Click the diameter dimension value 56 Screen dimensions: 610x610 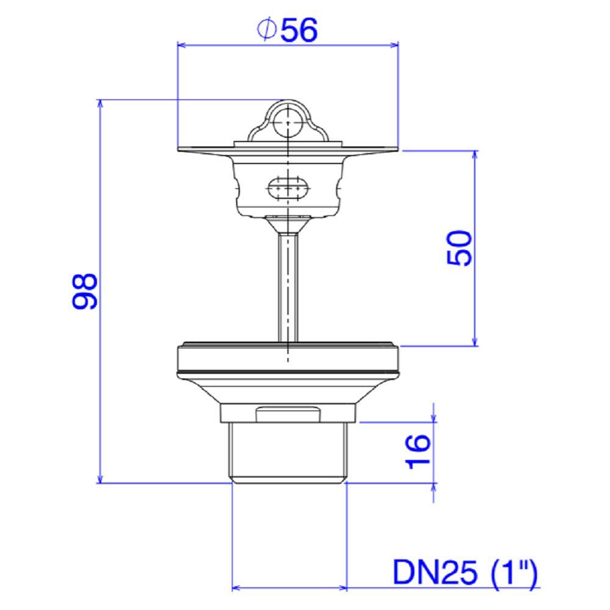click(x=299, y=30)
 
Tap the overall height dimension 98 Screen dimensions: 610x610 click(x=85, y=291)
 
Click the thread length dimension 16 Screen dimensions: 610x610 click(x=418, y=452)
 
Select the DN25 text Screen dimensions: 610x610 click(x=434, y=573)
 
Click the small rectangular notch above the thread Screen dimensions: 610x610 click(x=288, y=414)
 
